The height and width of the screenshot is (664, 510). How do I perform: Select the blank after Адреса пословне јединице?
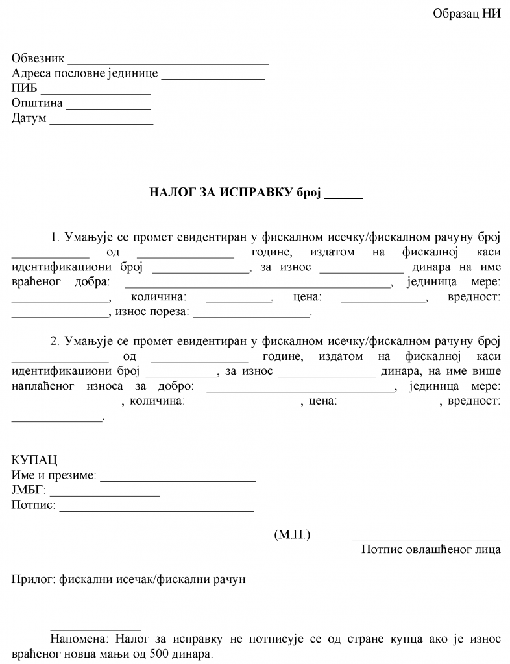(x=213, y=78)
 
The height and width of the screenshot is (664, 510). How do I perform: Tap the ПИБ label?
(x=25, y=89)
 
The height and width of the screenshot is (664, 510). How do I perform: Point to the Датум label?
(x=29, y=119)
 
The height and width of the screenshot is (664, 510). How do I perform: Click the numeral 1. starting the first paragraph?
(x=55, y=237)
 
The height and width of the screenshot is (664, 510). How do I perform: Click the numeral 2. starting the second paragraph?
(x=55, y=340)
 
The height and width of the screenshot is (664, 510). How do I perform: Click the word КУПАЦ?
(x=34, y=460)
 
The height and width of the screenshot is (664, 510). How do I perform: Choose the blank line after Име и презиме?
(x=178, y=480)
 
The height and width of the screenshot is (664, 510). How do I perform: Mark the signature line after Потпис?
(x=156, y=510)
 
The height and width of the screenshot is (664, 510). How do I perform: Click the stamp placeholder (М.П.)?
(x=293, y=535)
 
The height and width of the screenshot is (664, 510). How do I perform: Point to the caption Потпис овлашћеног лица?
(x=431, y=550)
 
